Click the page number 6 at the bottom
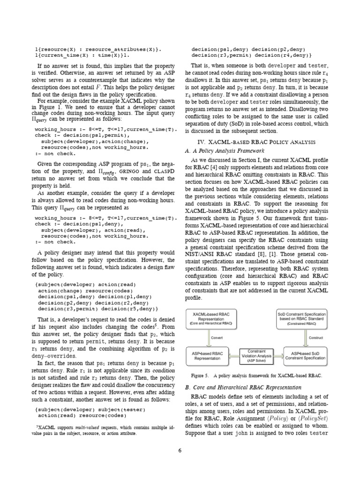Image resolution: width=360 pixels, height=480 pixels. (x=180, y=451)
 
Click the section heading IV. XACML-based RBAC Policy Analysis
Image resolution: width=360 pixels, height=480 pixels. (x=256, y=142)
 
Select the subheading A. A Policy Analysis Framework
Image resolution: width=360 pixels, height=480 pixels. (x=225, y=151)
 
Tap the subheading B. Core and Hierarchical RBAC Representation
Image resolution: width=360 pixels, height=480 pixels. (x=243, y=387)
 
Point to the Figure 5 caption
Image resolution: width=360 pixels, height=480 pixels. (x=256, y=376)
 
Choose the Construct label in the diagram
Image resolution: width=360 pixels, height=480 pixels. (x=316, y=337)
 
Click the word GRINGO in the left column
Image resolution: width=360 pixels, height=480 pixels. (x=124, y=172)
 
